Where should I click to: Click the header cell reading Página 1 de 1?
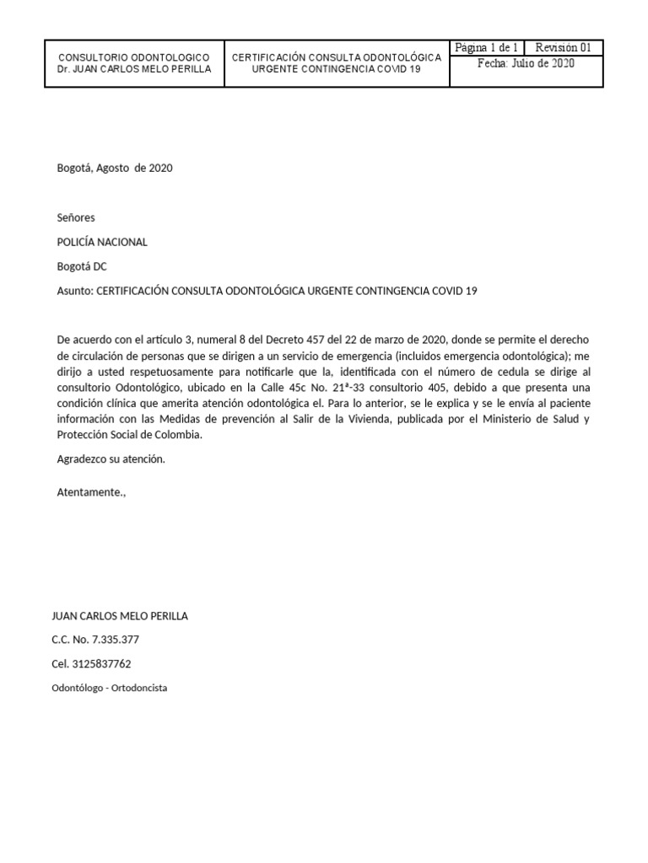pyautogui.click(x=487, y=48)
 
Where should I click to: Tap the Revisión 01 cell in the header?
pyautogui.click(x=569, y=48)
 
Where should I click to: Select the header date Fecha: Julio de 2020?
pyautogui.click(x=526, y=64)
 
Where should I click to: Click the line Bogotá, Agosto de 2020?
pyautogui.click(x=115, y=168)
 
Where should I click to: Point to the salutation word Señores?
pyautogui.click(x=76, y=217)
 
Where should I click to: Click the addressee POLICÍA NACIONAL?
pyautogui.click(x=102, y=242)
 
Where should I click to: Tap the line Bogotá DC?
pyautogui.click(x=82, y=266)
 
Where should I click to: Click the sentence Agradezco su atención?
pyautogui.click(x=111, y=459)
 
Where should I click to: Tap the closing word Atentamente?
pyautogui.click(x=90, y=491)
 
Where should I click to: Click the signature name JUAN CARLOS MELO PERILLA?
pyautogui.click(x=121, y=616)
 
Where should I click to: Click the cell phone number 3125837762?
pyautogui.click(x=102, y=664)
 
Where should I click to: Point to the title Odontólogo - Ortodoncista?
pyautogui.click(x=110, y=688)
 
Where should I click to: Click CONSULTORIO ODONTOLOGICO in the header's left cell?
pyautogui.click(x=134, y=56)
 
